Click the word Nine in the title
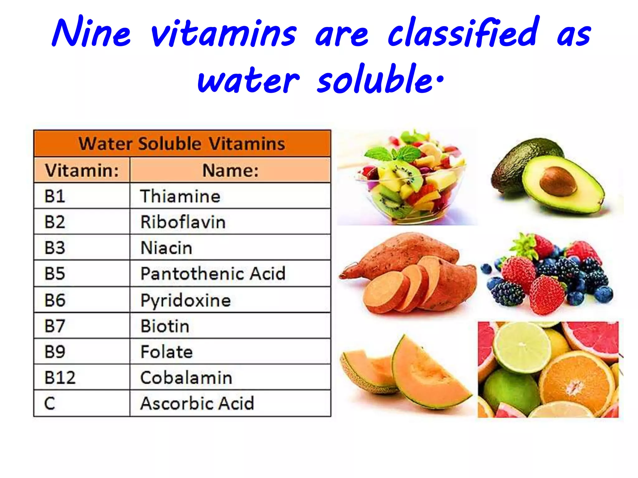91,33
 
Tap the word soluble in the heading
375,79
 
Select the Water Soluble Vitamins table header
182,144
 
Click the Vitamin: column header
82,171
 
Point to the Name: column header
231,171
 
